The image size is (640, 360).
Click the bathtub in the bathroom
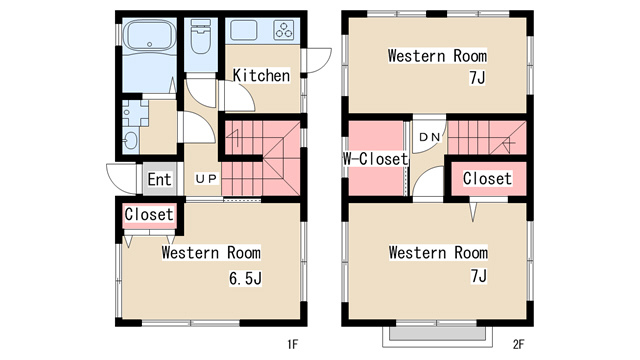(149, 36)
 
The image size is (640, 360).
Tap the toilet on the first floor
(200, 37)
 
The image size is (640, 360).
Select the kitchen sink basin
(244, 30)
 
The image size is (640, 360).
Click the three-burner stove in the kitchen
(284, 30)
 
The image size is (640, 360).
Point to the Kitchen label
(261, 76)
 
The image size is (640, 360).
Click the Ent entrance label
(159, 179)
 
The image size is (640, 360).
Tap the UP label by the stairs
(207, 179)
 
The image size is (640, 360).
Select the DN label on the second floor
(430, 137)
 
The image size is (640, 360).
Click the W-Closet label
(375, 159)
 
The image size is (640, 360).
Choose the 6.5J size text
(245, 278)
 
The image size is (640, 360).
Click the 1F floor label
(292, 344)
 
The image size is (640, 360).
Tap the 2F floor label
(518, 344)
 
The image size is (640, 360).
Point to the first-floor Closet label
(149, 214)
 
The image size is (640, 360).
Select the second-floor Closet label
(487, 178)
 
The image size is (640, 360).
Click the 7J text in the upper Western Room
(477, 78)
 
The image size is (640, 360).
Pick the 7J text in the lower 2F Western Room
(479, 276)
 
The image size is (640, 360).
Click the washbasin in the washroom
(131, 140)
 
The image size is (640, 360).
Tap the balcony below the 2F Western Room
(437, 337)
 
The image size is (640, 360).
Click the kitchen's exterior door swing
(318, 60)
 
